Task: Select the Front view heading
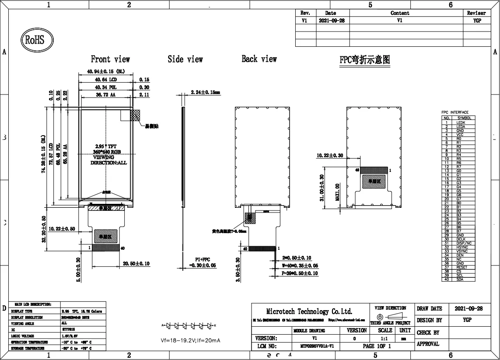point(110,59)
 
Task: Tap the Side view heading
point(185,59)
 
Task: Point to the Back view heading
point(259,59)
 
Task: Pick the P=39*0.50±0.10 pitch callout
point(300,273)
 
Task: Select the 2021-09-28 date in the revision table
point(331,20)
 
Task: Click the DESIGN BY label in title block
point(429,320)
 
